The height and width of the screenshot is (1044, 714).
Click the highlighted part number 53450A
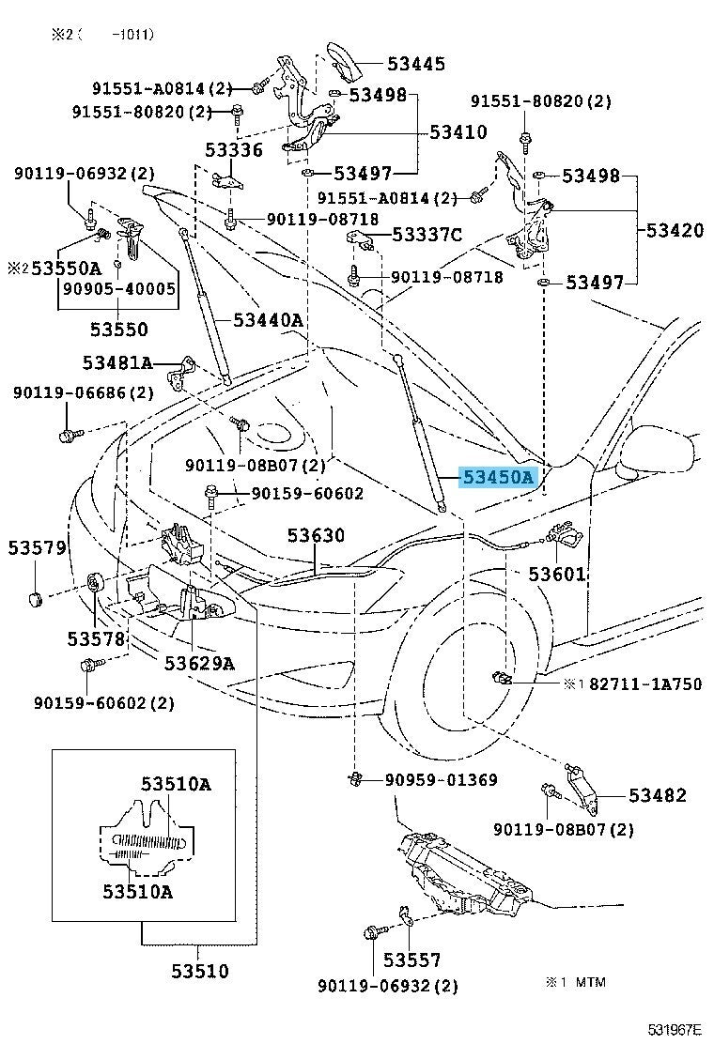[497, 478]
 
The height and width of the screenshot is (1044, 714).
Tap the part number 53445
[418, 64]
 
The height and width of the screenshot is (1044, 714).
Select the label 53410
[458, 132]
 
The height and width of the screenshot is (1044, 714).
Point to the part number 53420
[674, 230]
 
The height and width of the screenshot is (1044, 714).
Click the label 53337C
[427, 234]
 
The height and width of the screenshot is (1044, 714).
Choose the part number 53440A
[268, 321]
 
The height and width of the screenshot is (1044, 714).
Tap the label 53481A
[116, 362]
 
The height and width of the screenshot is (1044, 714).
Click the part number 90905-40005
[118, 289]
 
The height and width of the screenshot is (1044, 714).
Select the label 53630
[316, 536]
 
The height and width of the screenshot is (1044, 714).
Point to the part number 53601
[556, 574]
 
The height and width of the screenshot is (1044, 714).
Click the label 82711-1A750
[645, 684]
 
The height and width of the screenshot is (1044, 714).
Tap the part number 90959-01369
[441, 780]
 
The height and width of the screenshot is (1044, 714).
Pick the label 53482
[658, 796]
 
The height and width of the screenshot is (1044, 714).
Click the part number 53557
[411, 960]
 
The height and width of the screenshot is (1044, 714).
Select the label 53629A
[199, 664]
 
